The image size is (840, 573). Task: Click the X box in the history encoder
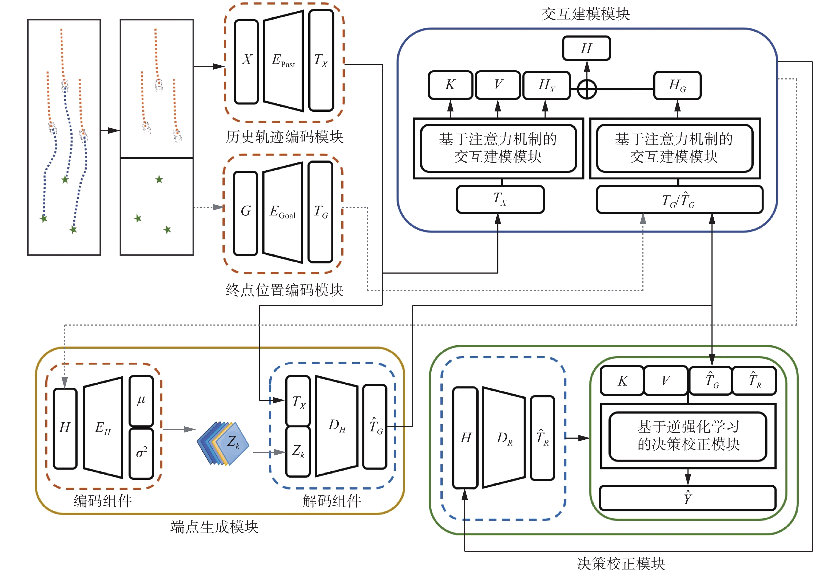coord(246,61)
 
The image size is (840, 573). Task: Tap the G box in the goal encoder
coord(245,213)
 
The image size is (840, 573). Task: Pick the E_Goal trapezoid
coord(282,212)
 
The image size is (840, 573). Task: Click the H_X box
coord(546,85)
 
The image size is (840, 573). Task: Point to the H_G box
coord(677,85)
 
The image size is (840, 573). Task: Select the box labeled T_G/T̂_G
coord(679,199)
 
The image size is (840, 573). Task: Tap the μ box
coord(141,400)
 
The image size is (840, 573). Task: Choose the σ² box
coord(141,453)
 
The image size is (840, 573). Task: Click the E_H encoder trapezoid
coord(103,428)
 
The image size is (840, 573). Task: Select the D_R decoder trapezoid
coord(504,438)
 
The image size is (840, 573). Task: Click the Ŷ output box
coord(687,498)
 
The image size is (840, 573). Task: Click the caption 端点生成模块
coord(214,527)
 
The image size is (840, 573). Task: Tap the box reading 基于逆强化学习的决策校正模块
coord(688,436)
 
